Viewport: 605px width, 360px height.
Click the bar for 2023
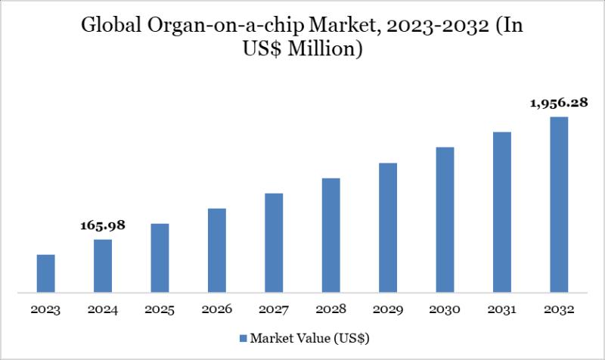[x=45, y=273]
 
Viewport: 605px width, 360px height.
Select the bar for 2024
[x=103, y=265]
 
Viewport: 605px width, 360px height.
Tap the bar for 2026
[x=216, y=250]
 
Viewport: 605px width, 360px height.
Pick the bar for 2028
[x=330, y=234]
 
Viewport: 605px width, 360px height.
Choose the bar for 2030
[x=445, y=219]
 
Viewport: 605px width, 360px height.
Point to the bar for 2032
[x=559, y=204]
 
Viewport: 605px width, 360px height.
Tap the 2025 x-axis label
[x=160, y=309]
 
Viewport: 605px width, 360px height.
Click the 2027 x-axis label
[x=274, y=309]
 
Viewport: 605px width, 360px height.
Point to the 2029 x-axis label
[x=388, y=309]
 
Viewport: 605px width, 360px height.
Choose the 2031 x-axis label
[x=502, y=309]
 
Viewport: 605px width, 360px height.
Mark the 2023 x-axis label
[x=45, y=309]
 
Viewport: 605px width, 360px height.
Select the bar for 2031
[x=502, y=212]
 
